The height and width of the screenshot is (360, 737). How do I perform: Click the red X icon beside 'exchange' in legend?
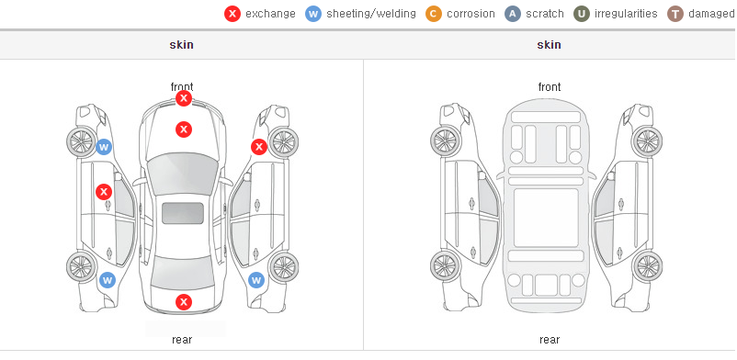pos(232,14)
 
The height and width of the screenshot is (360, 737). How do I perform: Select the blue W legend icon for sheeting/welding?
pos(313,14)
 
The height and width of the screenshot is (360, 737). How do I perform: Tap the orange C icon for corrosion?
pos(434,14)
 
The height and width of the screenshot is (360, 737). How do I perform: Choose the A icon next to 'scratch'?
pos(513,14)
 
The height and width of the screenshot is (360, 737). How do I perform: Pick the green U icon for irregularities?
pos(582,14)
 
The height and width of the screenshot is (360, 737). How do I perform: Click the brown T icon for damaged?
pos(675,14)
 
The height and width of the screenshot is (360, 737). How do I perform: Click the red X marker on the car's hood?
pos(184,129)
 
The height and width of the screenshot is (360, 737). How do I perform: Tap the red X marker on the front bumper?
pos(184,98)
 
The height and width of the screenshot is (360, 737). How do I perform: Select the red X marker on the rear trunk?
pos(184,302)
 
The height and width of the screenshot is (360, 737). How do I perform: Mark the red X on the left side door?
pos(104,192)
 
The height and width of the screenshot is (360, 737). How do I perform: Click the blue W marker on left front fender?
pos(104,147)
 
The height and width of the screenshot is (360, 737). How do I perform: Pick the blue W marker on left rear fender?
pos(108,281)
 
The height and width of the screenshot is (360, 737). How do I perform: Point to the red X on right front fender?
pos(258,147)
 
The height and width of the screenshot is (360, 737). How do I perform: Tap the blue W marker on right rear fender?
pos(256,281)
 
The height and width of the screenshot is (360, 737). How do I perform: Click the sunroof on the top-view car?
pos(183,213)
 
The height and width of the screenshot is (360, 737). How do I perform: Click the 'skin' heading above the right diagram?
pos(549,45)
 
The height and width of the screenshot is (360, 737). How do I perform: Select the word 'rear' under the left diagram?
pos(182,340)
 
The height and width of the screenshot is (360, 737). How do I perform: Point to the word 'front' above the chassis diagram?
pos(550,87)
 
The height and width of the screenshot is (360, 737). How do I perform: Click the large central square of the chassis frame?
pos(546,218)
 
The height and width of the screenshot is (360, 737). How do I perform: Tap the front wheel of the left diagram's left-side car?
pos(81,141)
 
